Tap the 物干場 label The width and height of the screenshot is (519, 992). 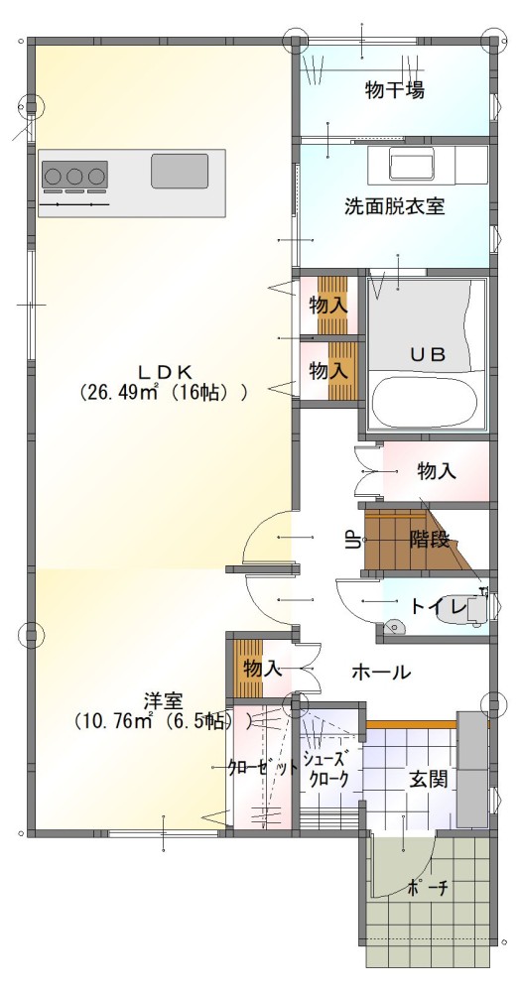(394, 90)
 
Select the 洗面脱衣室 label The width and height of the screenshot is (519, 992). (394, 206)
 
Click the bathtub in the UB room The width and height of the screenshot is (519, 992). (424, 403)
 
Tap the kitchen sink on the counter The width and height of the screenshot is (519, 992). (180, 171)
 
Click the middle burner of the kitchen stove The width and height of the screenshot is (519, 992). (74, 176)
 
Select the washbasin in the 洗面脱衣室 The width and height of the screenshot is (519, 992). (411, 165)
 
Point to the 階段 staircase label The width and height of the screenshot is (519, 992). (430, 540)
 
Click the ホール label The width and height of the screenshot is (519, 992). (381, 672)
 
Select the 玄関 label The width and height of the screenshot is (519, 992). (428, 780)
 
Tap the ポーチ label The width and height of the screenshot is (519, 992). (428, 888)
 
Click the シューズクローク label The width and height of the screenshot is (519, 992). (326, 769)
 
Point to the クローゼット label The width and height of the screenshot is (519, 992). (263, 768)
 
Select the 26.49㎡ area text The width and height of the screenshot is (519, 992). (118, 393)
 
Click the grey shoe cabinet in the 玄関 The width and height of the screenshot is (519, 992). (472, 769)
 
